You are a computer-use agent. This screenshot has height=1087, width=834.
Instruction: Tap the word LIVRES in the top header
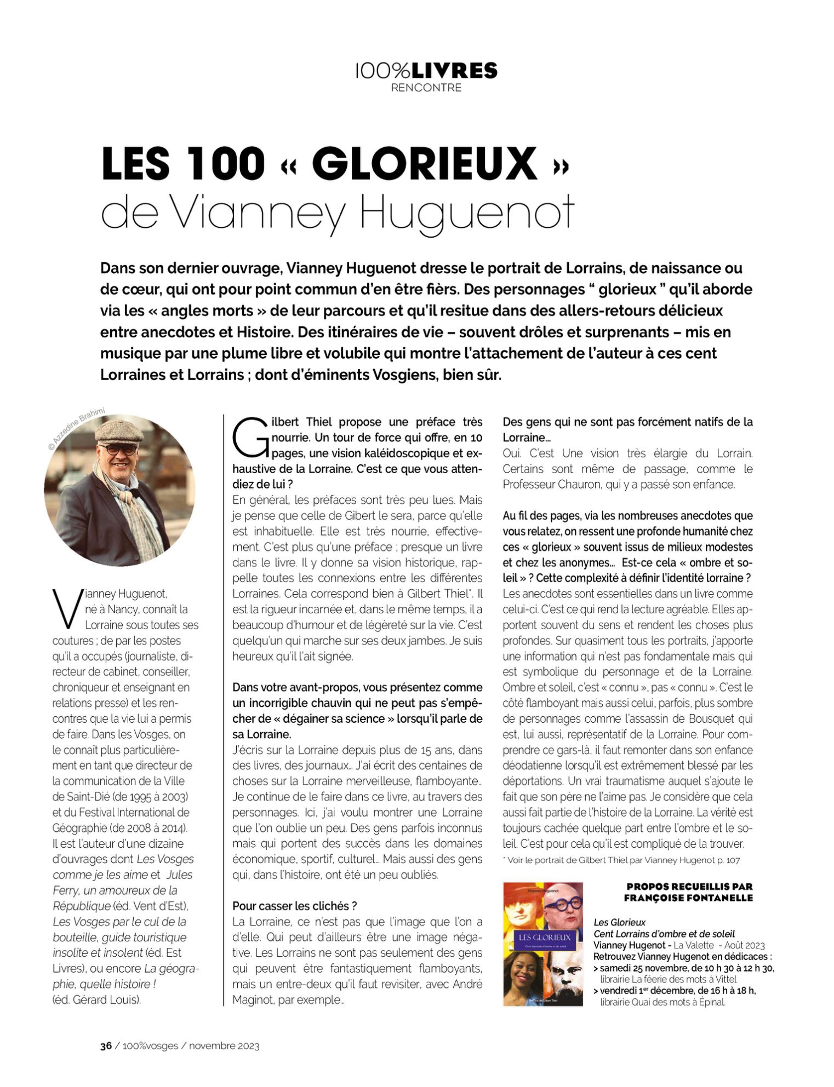[x=454, y=71]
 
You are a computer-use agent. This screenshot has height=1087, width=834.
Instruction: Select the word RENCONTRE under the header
[x=426, y=88]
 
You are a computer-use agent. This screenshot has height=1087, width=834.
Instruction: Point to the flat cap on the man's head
[x=119, y=430]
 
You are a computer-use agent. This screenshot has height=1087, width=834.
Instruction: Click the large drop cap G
[x=250, y=438]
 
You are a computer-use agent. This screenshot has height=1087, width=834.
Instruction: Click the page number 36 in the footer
[x=106, y=1045]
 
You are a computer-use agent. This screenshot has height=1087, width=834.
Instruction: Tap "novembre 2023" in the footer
[x=224, y=1045]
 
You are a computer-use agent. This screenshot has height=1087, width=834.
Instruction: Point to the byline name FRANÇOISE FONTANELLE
[x=688, y=898]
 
